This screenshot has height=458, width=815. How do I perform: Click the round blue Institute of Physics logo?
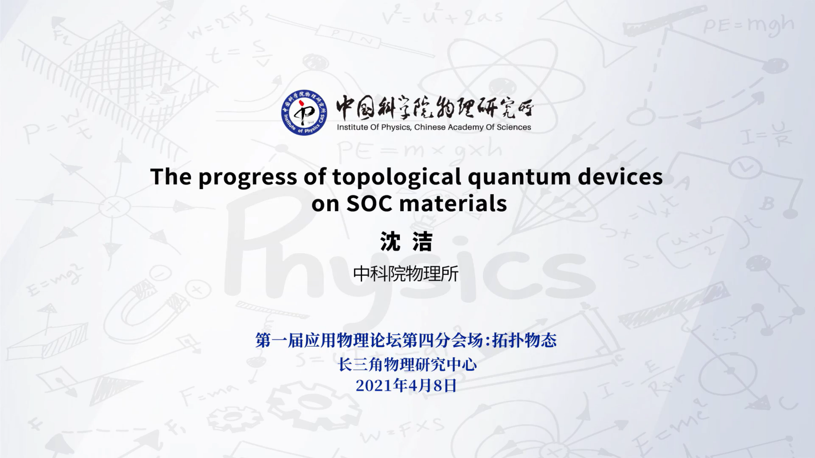304,112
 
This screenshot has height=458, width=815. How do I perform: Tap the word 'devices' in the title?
620,176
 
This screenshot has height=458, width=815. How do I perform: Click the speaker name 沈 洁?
406,241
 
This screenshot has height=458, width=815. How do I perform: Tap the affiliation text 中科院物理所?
406,274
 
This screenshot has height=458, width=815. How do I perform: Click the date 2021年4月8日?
406,385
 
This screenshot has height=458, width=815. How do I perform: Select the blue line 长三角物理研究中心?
407,364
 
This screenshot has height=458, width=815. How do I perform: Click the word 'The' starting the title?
171,176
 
